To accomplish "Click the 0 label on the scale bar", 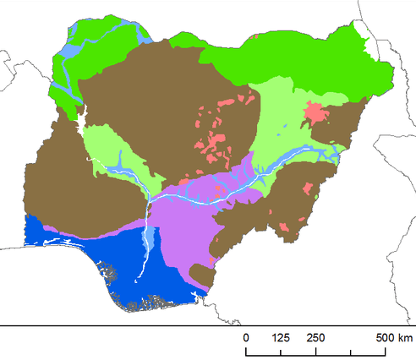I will tap(247, 338).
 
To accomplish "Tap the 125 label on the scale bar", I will tap(281, 338).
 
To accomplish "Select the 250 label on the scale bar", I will tap(315, 338).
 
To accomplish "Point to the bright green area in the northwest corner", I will tap(63, 72).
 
